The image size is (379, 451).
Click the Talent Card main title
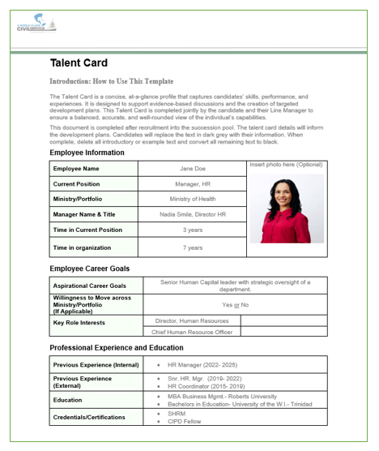coord(79,63)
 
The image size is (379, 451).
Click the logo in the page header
coord(36,23)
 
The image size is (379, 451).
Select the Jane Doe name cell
coord(192,169)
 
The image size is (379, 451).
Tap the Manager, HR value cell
coord(192,184)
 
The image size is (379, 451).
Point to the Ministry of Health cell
coord(192,200)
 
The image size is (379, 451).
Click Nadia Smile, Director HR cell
coord(192,215)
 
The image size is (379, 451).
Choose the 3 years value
coord(192,230)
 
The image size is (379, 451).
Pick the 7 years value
coord(192,247)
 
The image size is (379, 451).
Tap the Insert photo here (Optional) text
coord(286,165)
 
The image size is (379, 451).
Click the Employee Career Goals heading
coord(89,268)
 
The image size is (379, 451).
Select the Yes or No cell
coord(235,304)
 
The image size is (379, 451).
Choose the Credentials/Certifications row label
coord(89,417)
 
